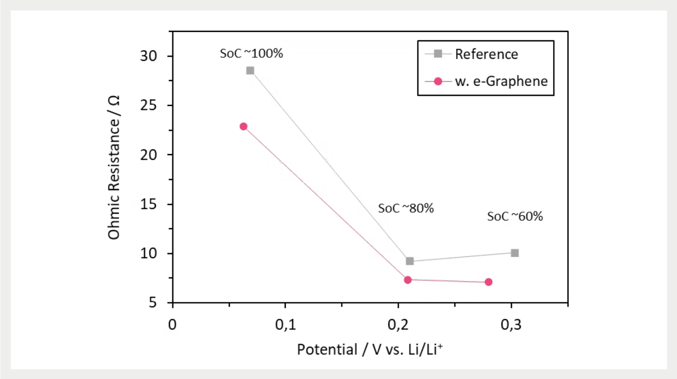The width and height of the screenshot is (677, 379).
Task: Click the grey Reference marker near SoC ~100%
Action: coord(250,70)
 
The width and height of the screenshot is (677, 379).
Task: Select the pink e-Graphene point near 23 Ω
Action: coord(243,126)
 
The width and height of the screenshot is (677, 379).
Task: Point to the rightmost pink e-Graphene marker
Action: coord(488,282)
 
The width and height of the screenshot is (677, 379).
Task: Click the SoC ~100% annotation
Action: coord(251,53)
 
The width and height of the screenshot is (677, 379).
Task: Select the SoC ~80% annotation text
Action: coord(406,208)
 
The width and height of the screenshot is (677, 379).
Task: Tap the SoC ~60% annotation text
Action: coord(515,216)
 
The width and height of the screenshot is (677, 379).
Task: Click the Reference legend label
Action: coord(486,54)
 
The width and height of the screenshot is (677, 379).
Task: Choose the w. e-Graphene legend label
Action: coord(501,81)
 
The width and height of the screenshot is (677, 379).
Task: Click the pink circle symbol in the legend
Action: coord(438,81)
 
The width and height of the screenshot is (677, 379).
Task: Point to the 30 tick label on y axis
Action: coord(148,56)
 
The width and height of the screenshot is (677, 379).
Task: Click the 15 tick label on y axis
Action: coord(148,204)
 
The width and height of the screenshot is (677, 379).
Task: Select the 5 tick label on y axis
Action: coord(153,303)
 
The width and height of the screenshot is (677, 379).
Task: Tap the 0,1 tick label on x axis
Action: coord(285,324)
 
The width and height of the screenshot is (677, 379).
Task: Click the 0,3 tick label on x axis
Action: coord(511,324)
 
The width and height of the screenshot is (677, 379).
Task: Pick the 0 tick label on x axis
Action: coord(172,324)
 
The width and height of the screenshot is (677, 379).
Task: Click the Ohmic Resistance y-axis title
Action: coord(114,168)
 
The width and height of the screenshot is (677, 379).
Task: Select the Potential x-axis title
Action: coord(370,350)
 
